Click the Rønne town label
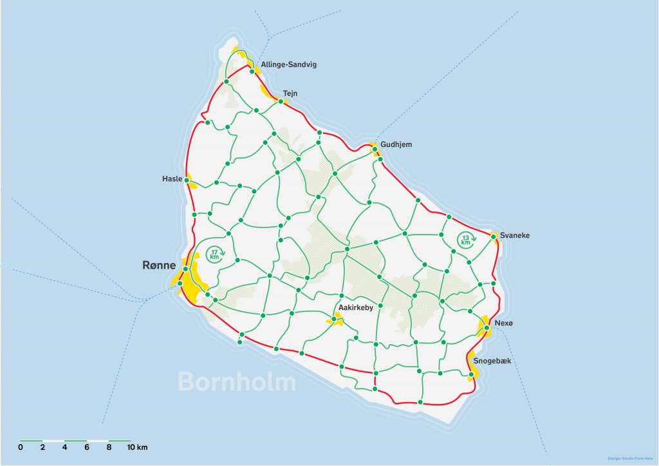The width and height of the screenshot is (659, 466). pyautogui.click(x=159, y=265)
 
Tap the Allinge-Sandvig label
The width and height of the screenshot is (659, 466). pyautogui.click(x=288, y=64)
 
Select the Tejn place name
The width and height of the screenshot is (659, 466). pyautogui.click(x=290, y=93)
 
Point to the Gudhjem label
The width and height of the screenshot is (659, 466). pyautogui.click(x=396, y=144)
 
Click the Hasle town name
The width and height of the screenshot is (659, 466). pyautogui.click(x=172, y=179)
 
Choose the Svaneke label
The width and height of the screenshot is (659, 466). pyautogui.click(x=515, y=236)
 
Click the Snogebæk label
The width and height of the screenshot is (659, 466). pyautogui.click(x=492, y=361)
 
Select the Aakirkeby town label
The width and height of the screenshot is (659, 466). pyautogui.click(x=356, y=308)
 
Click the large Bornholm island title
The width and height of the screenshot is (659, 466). pyautogui.click(x=237, y=382)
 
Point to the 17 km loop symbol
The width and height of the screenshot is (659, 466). pyautogui.click(x=215, y=255)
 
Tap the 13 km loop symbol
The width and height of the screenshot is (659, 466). pyautogui.click(x=466, y=240)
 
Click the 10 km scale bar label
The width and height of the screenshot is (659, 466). pyautogui.click(x=137, y=447)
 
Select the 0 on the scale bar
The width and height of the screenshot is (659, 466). pyautogui.click(x=21, y=447)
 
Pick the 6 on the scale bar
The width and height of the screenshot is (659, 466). pyautogui.click(x=87, y=447)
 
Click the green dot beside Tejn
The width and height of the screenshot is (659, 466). pyautogui.click(x=281, y=101)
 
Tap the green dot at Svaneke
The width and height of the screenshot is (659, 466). pyautogui.click(x=493, y=237)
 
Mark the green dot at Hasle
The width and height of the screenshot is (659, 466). pyautogui.click(x=187, y=179)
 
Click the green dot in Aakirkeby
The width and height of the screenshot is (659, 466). pyautogui.click(x=333, y=318)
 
